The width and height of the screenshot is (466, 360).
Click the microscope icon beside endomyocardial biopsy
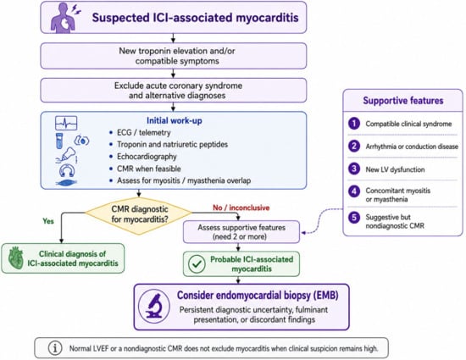[x=154, y=306]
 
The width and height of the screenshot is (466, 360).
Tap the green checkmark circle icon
[x=197, y=263]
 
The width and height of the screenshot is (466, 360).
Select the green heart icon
[x=16, y=258]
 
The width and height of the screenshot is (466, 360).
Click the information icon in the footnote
[x=55, y=348]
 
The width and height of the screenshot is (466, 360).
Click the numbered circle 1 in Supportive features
[x=354, y=124]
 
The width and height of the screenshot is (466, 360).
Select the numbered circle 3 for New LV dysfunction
[x=354, y=169]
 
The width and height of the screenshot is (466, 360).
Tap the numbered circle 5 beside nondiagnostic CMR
[x=354, y=218]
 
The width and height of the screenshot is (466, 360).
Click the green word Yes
[x=48, y=221]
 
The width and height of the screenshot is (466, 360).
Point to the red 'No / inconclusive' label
[x=241, y=208]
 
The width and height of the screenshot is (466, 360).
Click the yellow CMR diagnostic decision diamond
[x=139, y=215]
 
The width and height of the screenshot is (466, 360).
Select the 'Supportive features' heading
[x=403, y=101]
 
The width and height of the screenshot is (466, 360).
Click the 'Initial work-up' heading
[x=175, y=120]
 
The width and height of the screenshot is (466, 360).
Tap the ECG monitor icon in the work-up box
[x=66, y=123]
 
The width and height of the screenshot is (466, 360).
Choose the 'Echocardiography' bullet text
[x=147, y=157]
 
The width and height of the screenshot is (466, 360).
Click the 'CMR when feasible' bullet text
[x=149, y=169]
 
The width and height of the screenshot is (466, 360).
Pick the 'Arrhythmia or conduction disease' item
[x=412, y=147]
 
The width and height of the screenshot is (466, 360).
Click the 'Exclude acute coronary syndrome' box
[x=174, y=91]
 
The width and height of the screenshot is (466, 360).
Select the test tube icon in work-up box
[x=59, y=141]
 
